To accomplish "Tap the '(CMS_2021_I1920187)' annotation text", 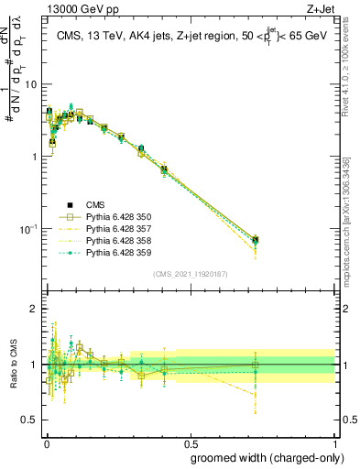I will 190,273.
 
